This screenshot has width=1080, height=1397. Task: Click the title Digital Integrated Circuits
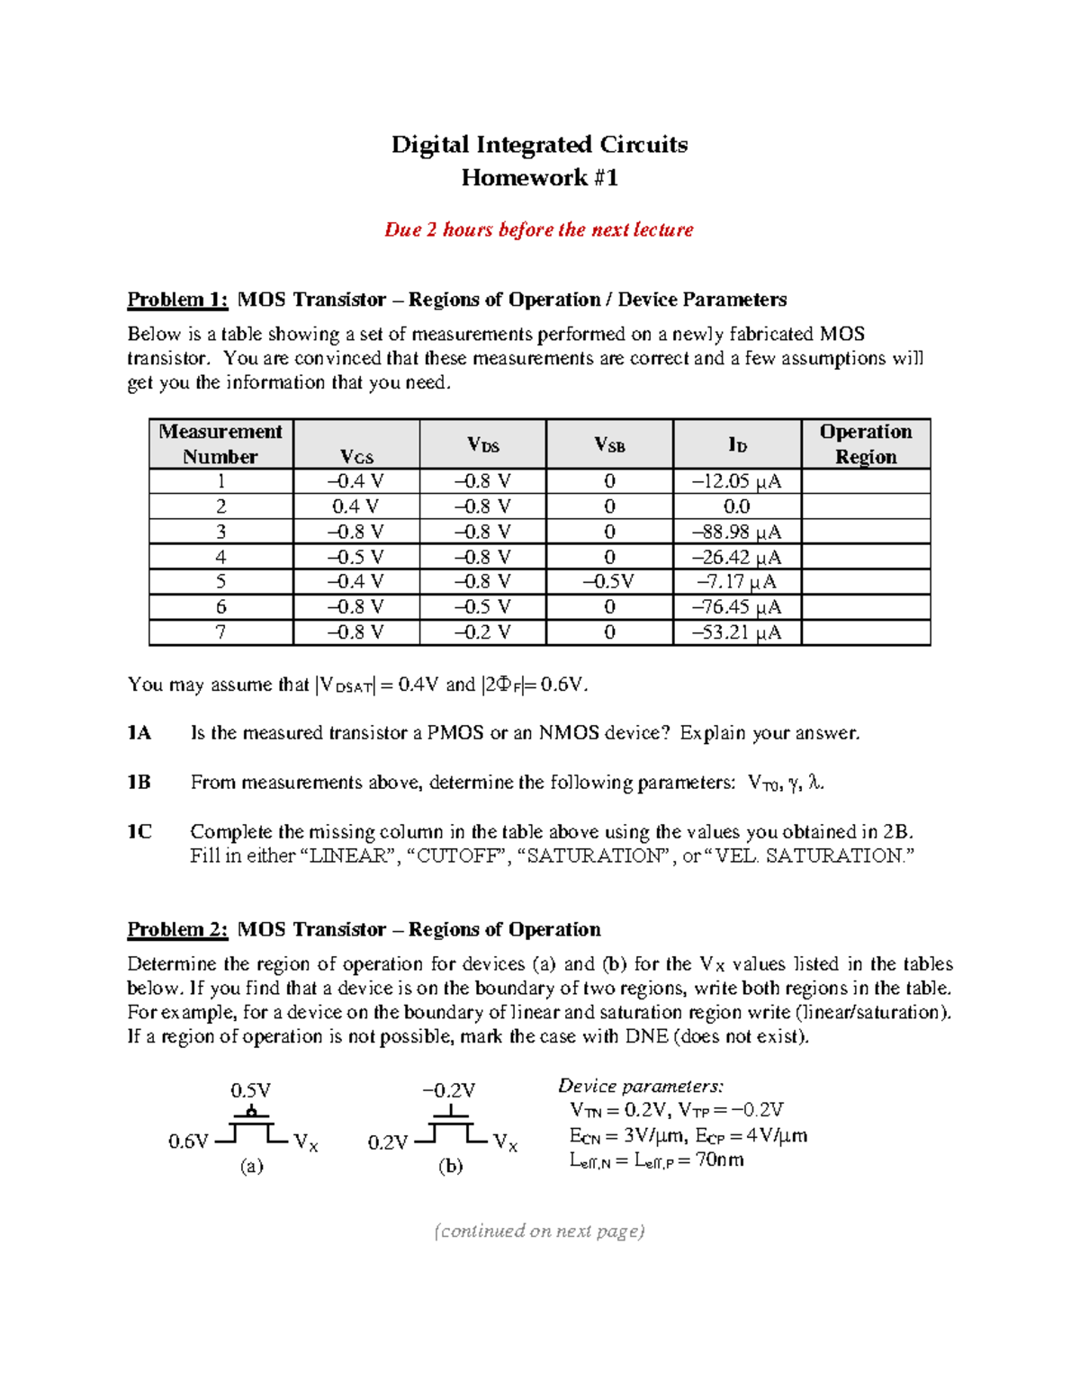tap(539, 145)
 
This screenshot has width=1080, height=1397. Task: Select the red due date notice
tap(538, 229)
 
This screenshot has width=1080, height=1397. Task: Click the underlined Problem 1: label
tap(177, 300)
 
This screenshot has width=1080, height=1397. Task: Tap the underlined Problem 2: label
tap(177, 929)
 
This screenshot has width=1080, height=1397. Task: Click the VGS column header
tap(356, 456)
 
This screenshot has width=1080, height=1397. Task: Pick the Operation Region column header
tap(865, 443)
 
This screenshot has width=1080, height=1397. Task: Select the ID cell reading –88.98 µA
tap(736, 532)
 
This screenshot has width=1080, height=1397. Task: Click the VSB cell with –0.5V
tap(608, 581)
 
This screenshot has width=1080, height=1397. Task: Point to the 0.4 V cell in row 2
tap(355, 506)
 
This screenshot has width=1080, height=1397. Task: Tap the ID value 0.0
tap(736, 506)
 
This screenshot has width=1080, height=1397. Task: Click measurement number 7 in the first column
tap(220, 631)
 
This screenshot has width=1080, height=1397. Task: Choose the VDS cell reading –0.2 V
tap(482, 631)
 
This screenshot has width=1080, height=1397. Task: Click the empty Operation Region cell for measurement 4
tap(865, 557)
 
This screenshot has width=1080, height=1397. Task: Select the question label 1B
tap(139, 783)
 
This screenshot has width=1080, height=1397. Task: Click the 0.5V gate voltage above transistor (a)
tap(250, 1090)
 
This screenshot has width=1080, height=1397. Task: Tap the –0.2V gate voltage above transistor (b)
tap(448, 1090)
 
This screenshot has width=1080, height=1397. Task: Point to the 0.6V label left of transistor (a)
tap(188, 1142)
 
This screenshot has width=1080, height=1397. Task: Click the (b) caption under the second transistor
tap(450, 1167)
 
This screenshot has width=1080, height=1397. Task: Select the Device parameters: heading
tap(641, 1086)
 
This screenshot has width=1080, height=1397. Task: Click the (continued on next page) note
tap(539, 1231)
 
